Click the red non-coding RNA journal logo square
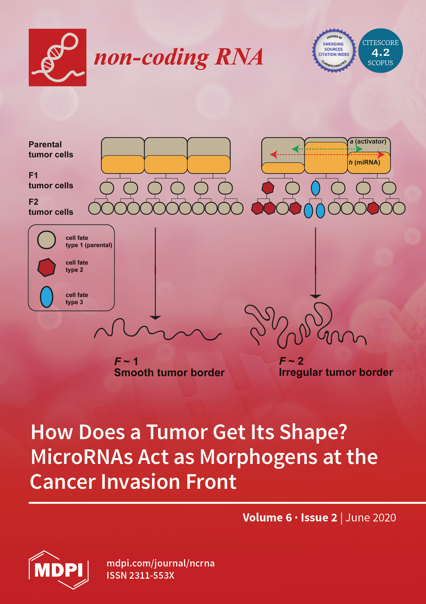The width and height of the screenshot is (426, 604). click(58, 57)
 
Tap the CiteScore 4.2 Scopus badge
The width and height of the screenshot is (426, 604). click(380, 50)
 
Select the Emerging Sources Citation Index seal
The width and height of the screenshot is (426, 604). click(334, 50)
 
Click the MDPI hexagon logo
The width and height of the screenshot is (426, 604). click(58, 570)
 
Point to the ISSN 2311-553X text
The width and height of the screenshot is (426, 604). click(140, 575)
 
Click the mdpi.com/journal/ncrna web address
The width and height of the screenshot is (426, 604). click(161, 563)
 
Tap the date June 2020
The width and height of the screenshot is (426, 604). click(370, 518)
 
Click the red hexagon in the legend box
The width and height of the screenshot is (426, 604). click(47, 267)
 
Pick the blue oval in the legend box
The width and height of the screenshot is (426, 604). click(47, 297)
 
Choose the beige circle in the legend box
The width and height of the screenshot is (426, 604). click(47, 240)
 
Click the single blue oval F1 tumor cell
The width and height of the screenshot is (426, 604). click(315, 188)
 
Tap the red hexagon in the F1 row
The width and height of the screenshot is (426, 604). click(268, 188)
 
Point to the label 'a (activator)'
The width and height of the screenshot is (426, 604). click(368, 142)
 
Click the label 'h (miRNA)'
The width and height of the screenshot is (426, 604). click(364, 162)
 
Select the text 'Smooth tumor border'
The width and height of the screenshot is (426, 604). click(169, 372)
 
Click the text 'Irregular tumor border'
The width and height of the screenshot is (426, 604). click(336, 372)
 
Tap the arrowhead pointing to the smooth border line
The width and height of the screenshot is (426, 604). click(155, 318)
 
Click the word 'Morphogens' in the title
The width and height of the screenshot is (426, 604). click(259, 458)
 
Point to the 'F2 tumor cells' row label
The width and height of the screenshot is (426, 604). click(51, 207)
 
